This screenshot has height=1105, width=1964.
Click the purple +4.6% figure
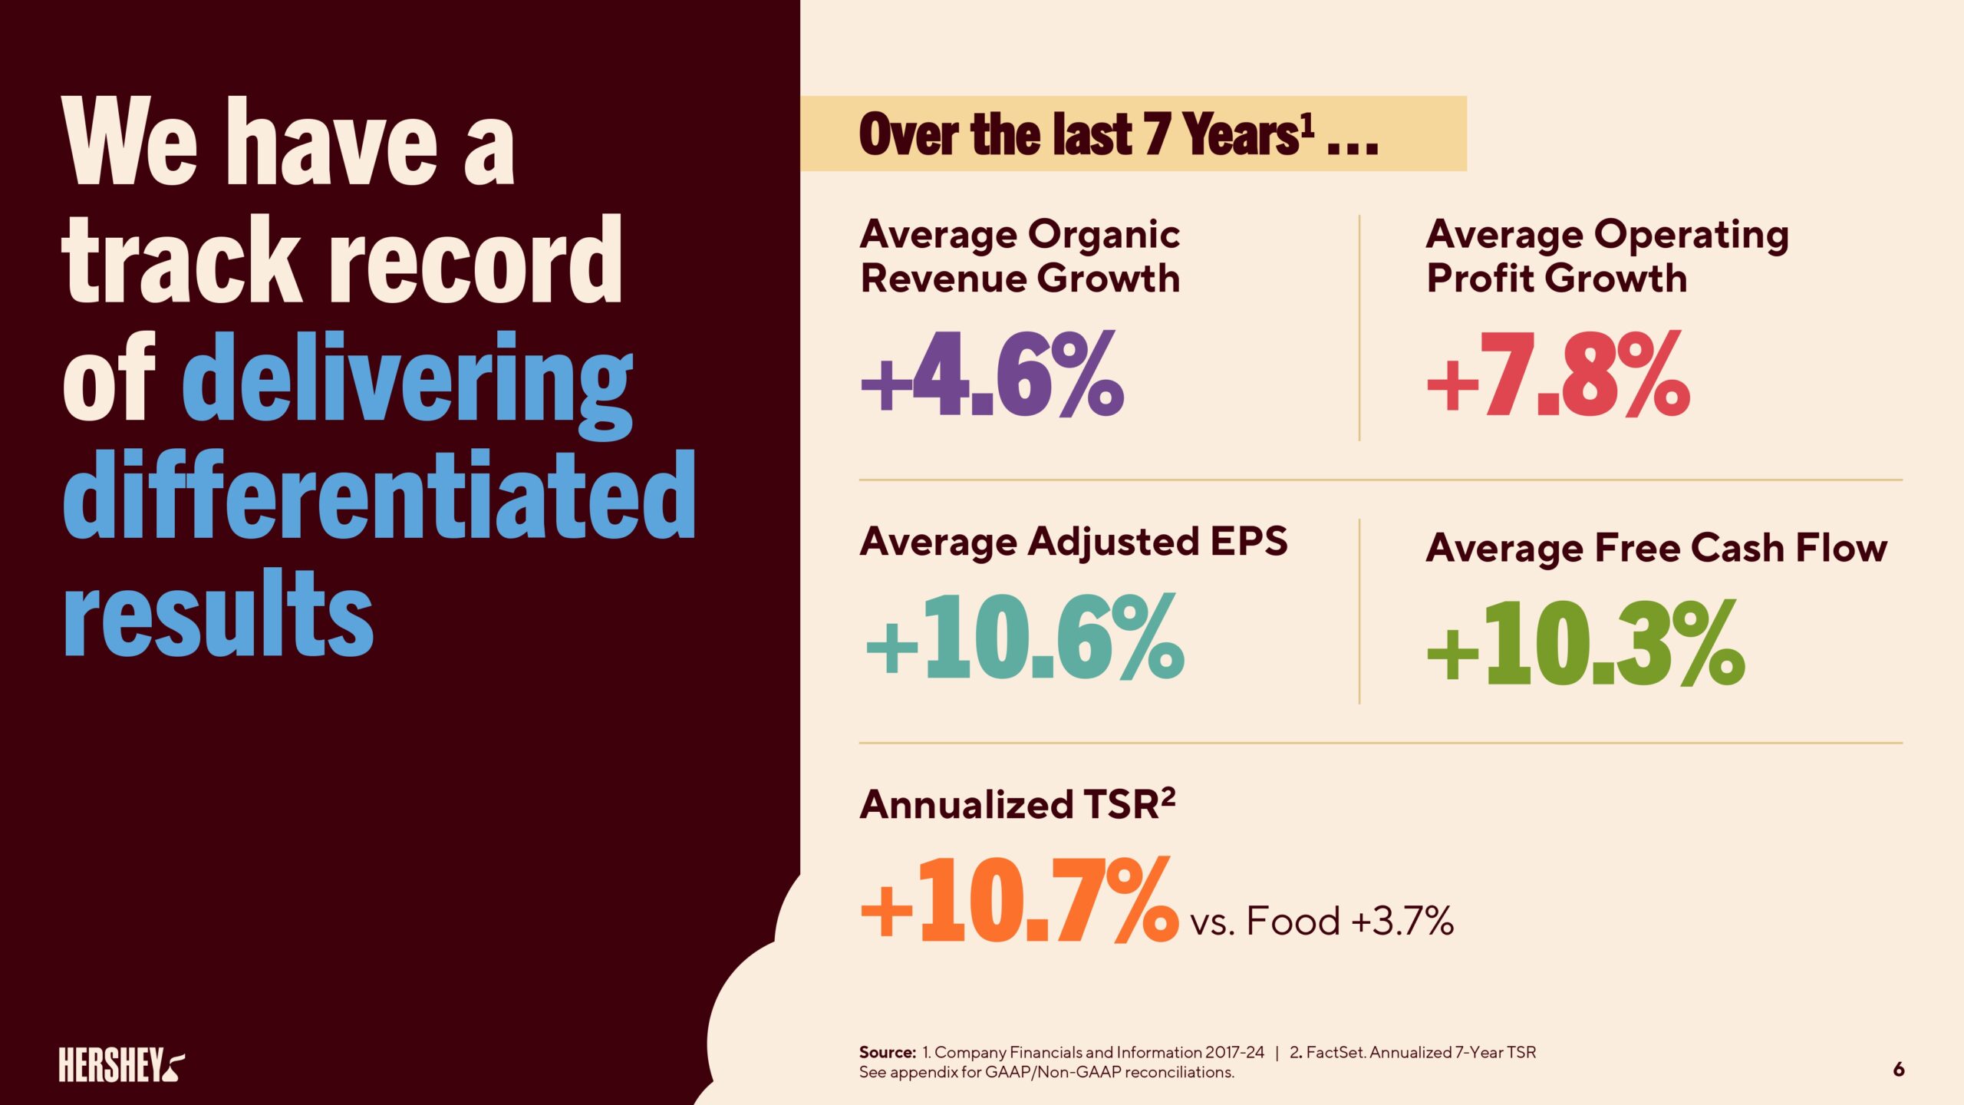click(992, 375)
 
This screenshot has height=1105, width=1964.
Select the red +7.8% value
click(1557, 375)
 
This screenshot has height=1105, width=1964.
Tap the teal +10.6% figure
click(1024, 638)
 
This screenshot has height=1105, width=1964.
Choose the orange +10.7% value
click(1019, 901)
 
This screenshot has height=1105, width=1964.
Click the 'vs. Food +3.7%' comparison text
click(1321, 921)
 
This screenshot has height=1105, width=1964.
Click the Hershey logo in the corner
click(121, 1064)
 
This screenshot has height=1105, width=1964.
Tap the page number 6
click(1898, 1069)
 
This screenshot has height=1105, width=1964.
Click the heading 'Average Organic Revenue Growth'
click(1020, 256)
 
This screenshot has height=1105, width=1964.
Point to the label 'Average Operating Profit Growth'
click(1606, 256)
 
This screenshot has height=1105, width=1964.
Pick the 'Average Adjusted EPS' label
click(1073, 542)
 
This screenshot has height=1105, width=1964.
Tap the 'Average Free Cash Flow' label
click(1656, 548)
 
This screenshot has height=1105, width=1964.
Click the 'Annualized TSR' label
click(1017, 805)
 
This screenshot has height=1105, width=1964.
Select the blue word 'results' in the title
click(218, 615)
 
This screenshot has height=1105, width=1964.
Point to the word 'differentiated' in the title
click(379, 496)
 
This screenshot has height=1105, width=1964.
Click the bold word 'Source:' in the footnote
click(887, 1053)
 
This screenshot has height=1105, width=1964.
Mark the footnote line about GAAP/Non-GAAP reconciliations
click(1046, 1073)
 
